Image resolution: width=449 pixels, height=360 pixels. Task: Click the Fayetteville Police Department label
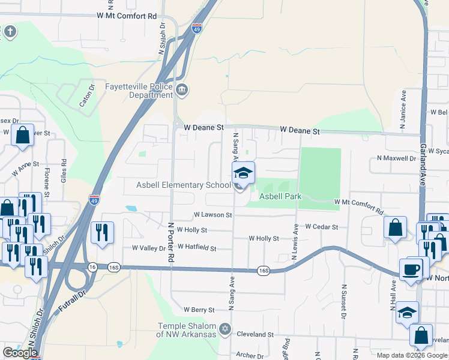[x=139, y=91]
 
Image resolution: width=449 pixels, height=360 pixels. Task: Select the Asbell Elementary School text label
[x=184, y=185]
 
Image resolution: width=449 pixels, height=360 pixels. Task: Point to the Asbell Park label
[x=279, y=196]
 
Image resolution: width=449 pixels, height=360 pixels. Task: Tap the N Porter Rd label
[x=171, y=242]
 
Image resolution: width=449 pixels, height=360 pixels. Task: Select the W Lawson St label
[x=212, y=214]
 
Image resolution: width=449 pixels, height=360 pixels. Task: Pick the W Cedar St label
[x=322, y=227]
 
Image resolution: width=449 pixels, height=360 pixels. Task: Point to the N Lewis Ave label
[x=295, y=242]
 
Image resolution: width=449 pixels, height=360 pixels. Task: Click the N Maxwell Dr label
[x=396, y=158]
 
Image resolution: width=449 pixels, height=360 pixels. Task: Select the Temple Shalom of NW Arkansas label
[x=186, y=330]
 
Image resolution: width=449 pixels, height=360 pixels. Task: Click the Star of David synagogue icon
[x=225, y=329]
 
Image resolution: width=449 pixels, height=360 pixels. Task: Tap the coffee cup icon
[x=411, y=269]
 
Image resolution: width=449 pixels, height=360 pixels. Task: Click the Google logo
[x=20, y=353]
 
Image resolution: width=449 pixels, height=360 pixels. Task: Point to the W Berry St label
[x=199, y=310]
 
